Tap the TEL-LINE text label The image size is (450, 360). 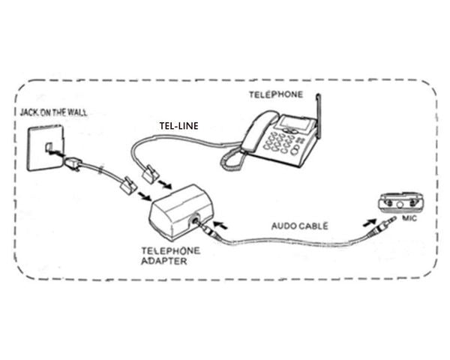(x=178, y=126)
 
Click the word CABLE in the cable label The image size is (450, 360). (x=314, y=225)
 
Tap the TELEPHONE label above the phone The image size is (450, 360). (x=276, y=94)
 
